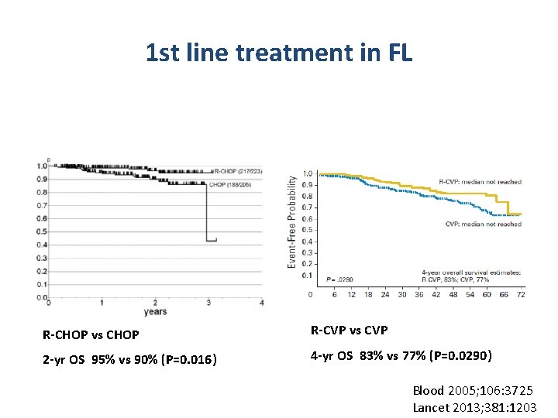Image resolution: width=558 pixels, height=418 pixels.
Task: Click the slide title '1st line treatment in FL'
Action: coord(279,53)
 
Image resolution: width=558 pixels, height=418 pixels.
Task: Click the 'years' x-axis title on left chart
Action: coord(155,312)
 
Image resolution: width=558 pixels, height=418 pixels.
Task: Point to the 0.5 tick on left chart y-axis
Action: coord(41,231)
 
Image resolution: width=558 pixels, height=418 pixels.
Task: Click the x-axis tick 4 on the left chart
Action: coord(262,302)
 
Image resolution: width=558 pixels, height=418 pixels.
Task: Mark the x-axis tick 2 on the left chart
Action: coord(155,302)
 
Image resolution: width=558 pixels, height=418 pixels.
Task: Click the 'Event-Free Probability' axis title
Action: coord(292,221)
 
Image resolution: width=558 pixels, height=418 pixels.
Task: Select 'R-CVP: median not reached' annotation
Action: coord(480,183)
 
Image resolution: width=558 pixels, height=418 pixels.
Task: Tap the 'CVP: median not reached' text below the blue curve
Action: coord(484,224)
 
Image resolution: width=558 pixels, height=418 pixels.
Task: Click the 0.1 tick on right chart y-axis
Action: coord(308,276)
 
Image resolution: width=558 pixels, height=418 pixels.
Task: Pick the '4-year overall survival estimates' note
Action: coord(470,272)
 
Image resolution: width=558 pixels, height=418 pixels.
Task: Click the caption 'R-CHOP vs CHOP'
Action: coord(91,335)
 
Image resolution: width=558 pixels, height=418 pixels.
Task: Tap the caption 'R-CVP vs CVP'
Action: coord(350,331)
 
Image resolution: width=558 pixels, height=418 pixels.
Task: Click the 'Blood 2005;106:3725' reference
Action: coord(472,391)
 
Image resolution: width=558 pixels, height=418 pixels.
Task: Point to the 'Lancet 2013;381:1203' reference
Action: coord(474,406)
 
